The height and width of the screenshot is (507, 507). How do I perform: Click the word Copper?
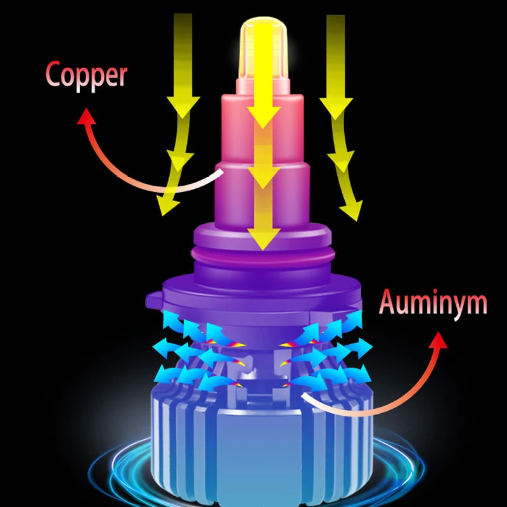(x=86, y=75)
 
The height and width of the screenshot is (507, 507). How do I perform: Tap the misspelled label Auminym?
(x=433, y=303)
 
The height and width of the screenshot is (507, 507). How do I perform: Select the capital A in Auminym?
(x=388, y=303)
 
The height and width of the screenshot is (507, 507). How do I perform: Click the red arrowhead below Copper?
(x=87, y=116)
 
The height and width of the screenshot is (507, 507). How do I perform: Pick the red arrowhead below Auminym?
(x=439, y=342)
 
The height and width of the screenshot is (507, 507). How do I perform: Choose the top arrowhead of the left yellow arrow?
(x=183, y=108)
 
